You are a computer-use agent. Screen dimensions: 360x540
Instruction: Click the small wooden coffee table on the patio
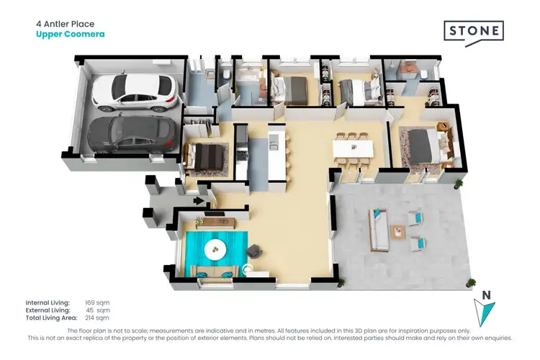(x=397, y=231)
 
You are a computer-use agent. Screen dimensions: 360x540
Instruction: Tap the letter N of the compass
(x=487, y=294)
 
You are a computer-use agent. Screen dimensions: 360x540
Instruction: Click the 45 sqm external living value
(x=96, y=310)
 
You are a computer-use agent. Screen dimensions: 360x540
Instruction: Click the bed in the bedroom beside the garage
(x=207, y=157)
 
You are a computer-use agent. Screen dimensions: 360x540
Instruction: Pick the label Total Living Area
(x=51, y=318)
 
